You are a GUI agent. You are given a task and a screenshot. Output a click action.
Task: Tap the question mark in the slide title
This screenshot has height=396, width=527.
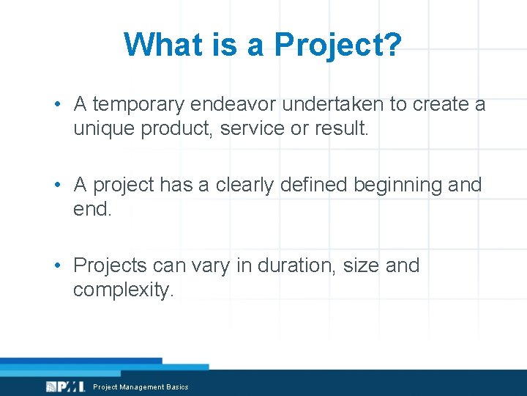coord(392,45)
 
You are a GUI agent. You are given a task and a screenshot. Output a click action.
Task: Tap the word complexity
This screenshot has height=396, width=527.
coord(123,290)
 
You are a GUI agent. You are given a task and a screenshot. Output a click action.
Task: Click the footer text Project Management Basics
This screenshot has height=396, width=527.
coord(141,387)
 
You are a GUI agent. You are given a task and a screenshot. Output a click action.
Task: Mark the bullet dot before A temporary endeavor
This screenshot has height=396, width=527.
coord(56,105)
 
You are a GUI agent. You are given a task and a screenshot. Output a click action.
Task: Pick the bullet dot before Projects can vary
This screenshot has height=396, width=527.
coord(56,265)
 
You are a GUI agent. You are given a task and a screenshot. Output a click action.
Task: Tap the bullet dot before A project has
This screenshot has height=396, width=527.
coord(56,186)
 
